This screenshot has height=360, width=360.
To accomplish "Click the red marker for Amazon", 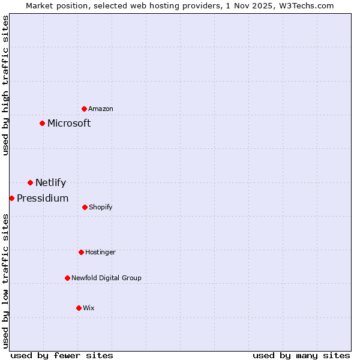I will click(x=85, y=109).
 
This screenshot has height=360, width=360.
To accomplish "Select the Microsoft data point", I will click(x=42, y=123).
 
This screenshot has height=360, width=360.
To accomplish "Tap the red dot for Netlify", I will click(x=30, y=182).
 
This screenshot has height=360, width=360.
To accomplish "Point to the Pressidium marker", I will click(x=11, y=198).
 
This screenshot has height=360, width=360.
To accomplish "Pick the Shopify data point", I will click(x=85, y=207).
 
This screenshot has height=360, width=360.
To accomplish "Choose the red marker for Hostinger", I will click(x=81, y=252).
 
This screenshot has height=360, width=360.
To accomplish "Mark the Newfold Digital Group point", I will click(x=67, y=278).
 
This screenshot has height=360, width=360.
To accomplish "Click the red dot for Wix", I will click(x=79, y=308).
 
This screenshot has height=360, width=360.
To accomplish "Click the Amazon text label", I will click(x=101, y=109).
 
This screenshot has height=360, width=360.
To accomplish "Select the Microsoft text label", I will click(x=69, y=124).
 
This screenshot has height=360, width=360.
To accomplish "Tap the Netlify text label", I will click(x=50, y=183).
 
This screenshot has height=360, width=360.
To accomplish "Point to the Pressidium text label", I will click(x=43, y=199).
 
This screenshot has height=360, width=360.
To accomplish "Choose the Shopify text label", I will click(x=101, y=208).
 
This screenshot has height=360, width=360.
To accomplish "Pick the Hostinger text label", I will click(x=100, y=253).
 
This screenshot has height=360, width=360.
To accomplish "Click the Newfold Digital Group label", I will click(x=106, y=278).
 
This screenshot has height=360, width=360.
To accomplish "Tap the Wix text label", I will click(x=89, y=308).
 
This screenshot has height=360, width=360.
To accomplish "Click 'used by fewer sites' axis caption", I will click(x=62, y=355).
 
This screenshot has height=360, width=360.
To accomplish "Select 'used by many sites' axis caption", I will click(x=301, y=355).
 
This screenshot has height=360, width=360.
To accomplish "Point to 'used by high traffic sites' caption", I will click(x=5, y=85).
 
